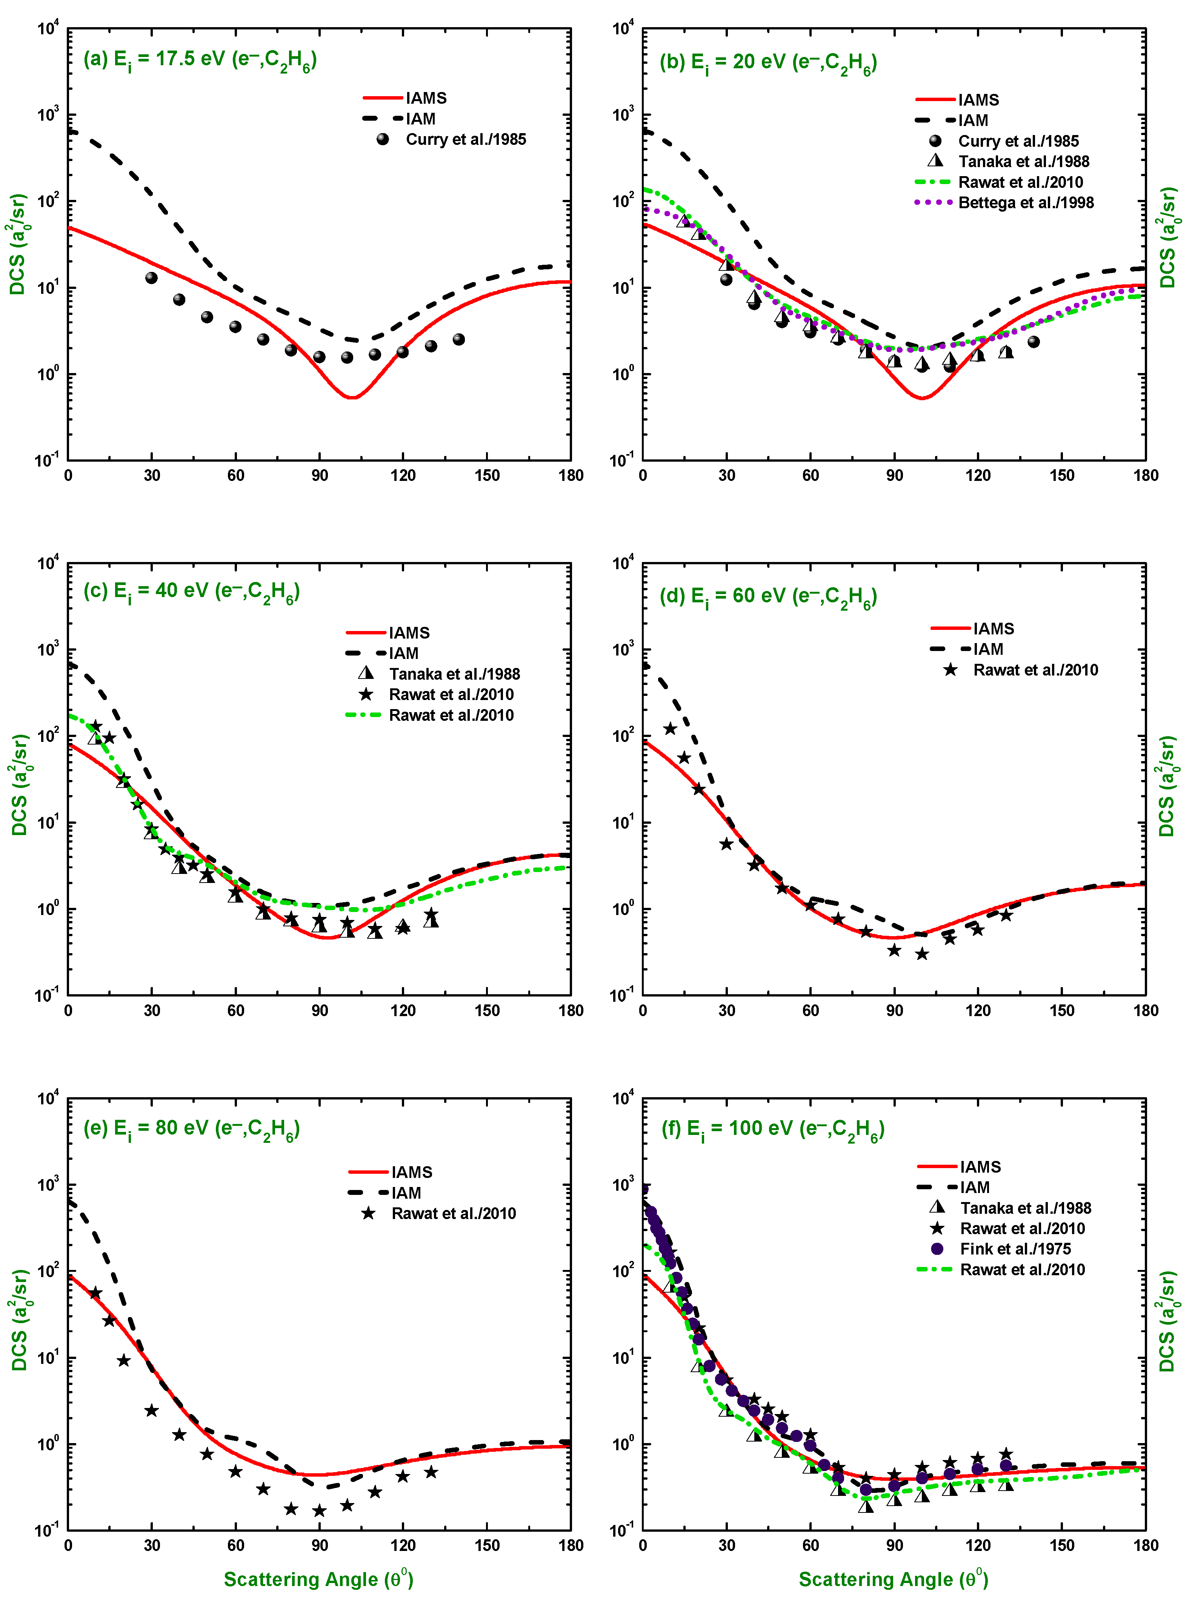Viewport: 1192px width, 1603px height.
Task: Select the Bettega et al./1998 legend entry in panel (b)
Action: tap(1004, 203)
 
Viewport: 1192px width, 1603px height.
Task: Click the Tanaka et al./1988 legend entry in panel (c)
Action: tap(440, 674)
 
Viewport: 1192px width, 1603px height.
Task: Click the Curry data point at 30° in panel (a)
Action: tap(152, 278)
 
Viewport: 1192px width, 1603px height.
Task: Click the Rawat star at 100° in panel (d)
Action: tap(922, 954)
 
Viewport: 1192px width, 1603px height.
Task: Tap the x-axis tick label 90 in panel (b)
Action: tap(895, 475)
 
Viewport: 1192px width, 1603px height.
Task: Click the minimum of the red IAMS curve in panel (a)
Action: tap(352, 397)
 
